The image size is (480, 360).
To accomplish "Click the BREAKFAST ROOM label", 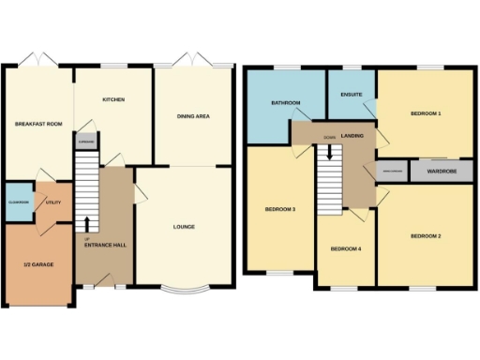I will [37, 123].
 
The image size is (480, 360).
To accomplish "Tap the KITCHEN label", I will [113, 99].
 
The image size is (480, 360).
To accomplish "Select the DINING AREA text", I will [192, 116].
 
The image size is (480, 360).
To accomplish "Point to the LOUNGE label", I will [184, 225].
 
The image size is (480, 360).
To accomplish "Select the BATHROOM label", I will [284, 102].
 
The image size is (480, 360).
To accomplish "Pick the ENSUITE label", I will [351, 94].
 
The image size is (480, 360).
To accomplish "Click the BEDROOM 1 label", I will [426, 113].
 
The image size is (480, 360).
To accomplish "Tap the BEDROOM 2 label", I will [426, 235].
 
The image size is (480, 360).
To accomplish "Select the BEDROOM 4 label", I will [345, 248].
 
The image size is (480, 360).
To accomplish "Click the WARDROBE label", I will [427, 172].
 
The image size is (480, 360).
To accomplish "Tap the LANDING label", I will [353, 136].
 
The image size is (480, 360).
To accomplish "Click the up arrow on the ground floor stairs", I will [87, 223].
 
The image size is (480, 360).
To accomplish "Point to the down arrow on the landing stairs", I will [329, 152].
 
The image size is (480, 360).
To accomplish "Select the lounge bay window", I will [184, 287].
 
